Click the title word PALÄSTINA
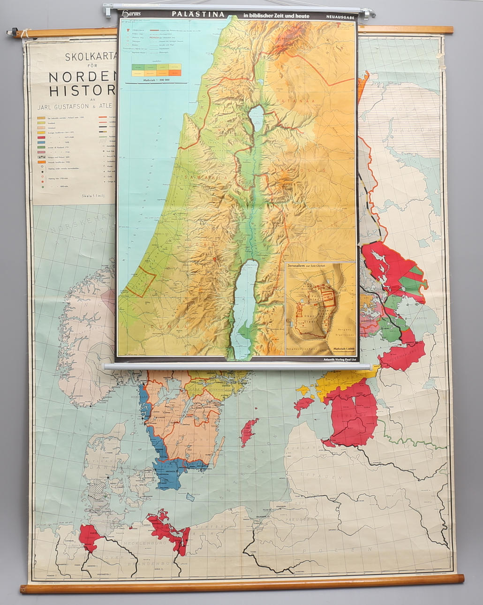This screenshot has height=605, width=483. click(x=198, y=15)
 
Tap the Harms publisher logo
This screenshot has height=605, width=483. click(x=130, y=15)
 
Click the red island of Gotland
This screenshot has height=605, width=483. click(x=248, y=432)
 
